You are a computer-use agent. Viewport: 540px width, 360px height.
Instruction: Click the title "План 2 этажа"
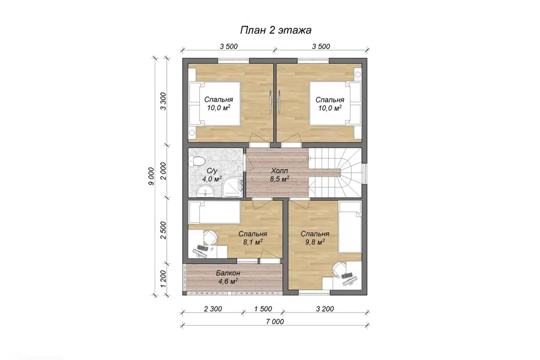[x=276, y=30]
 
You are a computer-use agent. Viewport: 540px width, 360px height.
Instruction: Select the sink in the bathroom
[x=206, y=190]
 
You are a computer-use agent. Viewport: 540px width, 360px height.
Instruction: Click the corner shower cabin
[x=232, y=187]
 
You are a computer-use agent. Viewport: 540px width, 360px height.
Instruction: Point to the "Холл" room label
[x=280, y=171]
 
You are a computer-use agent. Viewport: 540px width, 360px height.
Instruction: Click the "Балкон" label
[x=228, y=273]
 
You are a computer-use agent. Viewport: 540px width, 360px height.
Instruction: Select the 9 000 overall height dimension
[x=151, y=177]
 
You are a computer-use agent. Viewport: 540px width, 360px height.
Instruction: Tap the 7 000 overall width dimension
[x=275, y=322]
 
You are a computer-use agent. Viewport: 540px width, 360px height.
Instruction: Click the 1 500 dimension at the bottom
[x=263, y=309]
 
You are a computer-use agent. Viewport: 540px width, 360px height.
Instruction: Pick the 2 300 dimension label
[x=213, y=309]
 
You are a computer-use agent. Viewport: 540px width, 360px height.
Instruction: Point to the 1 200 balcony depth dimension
[x=163, y=279]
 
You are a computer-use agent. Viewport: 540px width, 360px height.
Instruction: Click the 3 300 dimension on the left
[x=163, y=101]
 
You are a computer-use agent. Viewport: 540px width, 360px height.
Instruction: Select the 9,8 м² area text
[x=315, y=242]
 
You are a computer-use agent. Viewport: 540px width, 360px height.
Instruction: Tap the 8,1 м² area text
[x=253, y=242]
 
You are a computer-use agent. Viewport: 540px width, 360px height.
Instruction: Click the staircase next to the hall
[x=335, y=172]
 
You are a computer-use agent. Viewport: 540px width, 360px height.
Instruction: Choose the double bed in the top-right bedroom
[x=335, y=103]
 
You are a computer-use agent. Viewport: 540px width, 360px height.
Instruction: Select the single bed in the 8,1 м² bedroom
[x=214, y=212]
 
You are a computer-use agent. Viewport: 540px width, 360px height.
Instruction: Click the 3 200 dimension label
[x=325, y=309]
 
